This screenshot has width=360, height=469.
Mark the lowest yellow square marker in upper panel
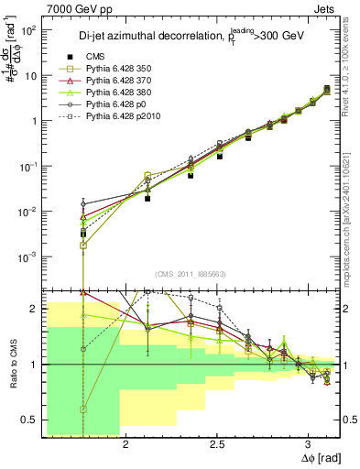tap(83, 245)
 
